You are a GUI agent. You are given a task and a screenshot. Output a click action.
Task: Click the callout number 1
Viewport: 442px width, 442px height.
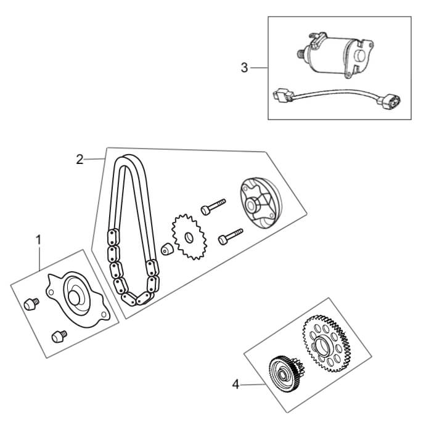(x=39, y=239)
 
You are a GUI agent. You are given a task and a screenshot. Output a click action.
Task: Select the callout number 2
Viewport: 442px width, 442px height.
(x=80, y=159)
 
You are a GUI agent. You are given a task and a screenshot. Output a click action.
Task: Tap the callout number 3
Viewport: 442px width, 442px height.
(x=245, y=67)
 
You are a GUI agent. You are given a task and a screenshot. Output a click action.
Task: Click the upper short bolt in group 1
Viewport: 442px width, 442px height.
(x=31, y=303)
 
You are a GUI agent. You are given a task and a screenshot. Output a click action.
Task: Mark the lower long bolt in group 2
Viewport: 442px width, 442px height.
(x=230, y=236)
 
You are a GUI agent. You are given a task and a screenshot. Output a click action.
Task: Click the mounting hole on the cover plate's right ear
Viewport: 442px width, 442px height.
(x=104, y=316)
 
